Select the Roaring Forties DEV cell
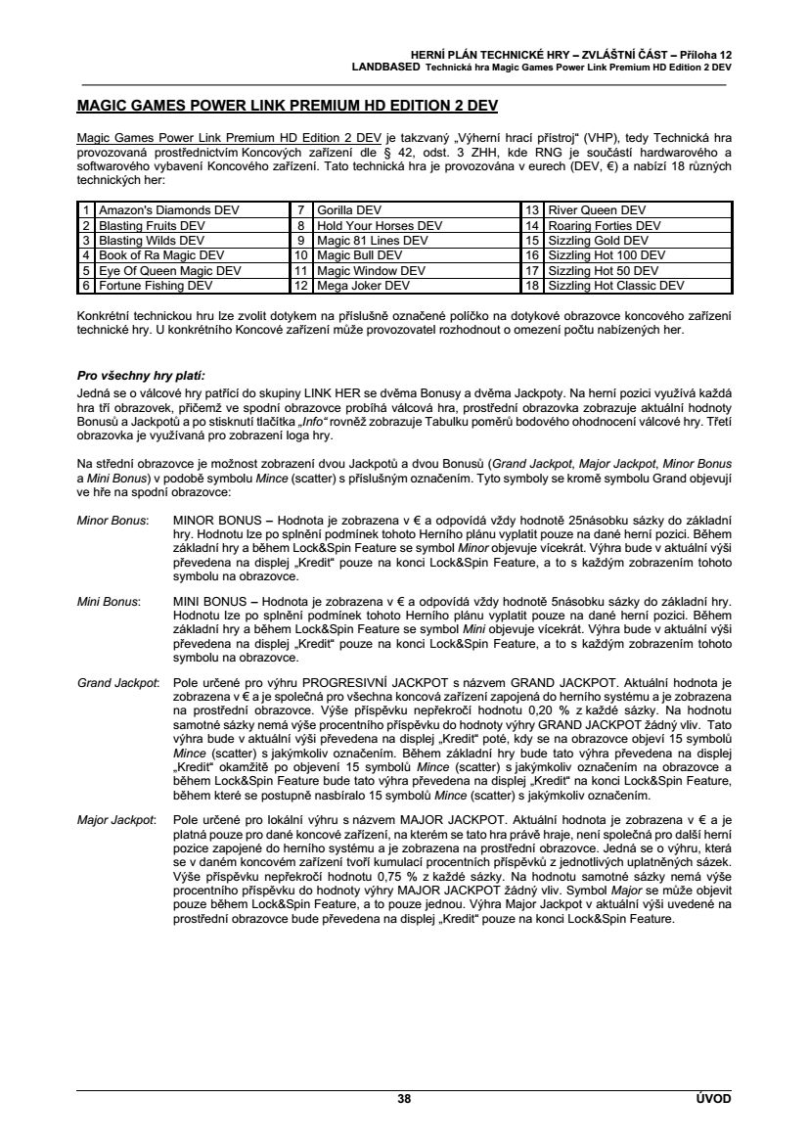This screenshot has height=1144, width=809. (x=605, y=225)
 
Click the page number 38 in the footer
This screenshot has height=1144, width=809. (x=404, y=1099)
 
